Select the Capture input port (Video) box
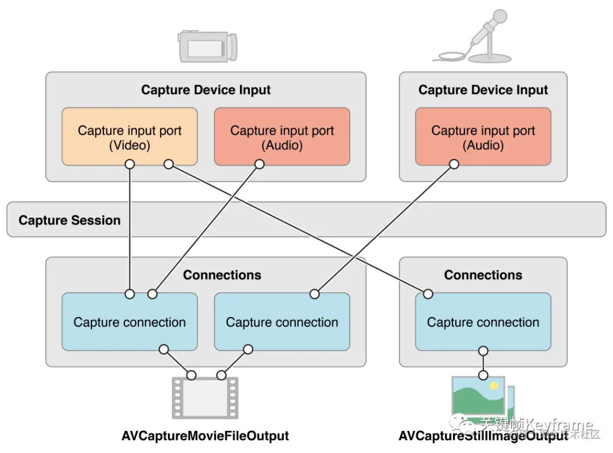tap(129, 137)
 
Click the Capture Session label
tap(69, 221)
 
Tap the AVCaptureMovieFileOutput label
tap(205, 436)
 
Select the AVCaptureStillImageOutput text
tap(483, 436)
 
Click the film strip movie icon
tap(205, 397)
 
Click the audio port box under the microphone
tap(483, 137)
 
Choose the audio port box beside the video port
tap(282, 137)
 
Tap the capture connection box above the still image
tap(483, 322)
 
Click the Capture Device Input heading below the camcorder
tap(205, 90)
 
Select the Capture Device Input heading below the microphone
tap(483, 90)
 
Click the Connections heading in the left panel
tap(222, 275)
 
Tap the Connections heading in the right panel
tap(483, 275)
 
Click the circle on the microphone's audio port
tap(454, 164)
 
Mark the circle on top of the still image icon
tap(483, 375)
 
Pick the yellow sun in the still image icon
tap(494, 386)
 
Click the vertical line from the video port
tap(130, 227)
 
